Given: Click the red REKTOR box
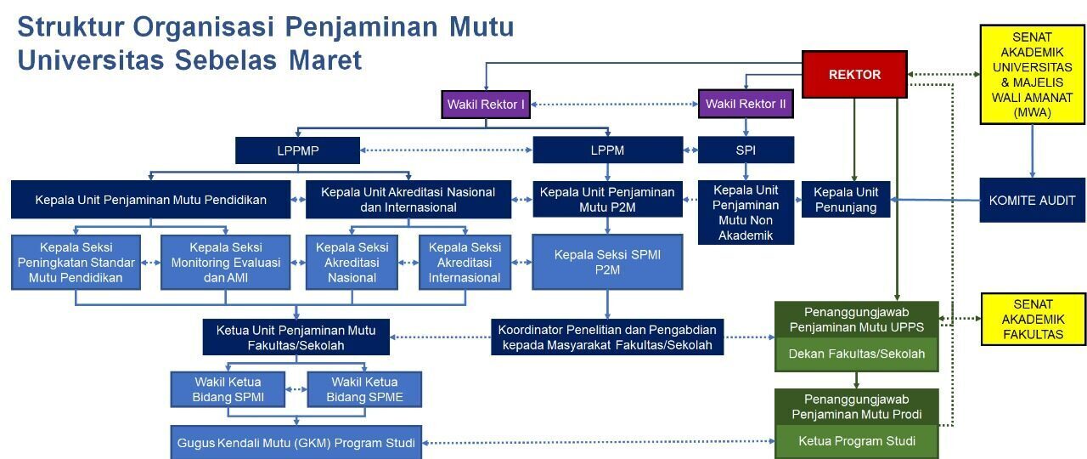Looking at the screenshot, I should click(854, 74).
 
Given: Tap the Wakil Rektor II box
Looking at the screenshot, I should click(746, 105).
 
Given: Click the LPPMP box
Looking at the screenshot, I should click(297, 150).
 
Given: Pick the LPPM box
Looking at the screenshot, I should click(607, 150).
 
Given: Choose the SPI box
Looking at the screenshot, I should click(746, 150).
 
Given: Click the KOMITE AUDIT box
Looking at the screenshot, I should click(1032, 201).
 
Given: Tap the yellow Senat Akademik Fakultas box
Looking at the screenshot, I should click(1033, 319).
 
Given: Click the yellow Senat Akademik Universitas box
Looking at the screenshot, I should click(1032, 75).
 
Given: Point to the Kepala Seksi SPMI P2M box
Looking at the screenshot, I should click(607, 262).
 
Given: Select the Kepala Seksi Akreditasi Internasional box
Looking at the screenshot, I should click(465, 262).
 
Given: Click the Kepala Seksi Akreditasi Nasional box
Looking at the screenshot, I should click(352, 262).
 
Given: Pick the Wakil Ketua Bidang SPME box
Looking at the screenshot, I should click(364, 389).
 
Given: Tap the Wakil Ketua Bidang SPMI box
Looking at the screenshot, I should click(228, 389).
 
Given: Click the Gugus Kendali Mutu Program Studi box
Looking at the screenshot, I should click(296, 442).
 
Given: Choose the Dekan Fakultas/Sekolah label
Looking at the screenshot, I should click(856, 354).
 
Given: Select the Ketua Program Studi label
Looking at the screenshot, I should click(856, 441).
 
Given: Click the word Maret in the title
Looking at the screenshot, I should click(324, 60).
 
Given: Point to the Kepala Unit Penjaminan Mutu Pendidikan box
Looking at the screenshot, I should click(151, 200).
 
